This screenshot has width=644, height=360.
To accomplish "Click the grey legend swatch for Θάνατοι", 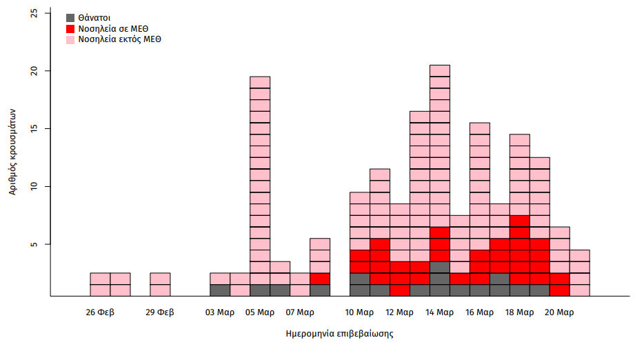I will pyautogui.click(x=70, y=17).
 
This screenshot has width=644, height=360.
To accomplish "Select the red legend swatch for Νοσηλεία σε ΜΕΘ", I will pyautogui.click(x=70, y=28).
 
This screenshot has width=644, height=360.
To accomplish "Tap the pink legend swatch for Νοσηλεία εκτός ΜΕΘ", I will pyautogui.click(x=70, y=40).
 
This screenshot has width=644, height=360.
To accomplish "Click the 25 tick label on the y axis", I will pyautogui.click(x=36, y=13).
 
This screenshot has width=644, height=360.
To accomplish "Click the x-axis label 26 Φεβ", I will pyautogui.click(x=100, y=312).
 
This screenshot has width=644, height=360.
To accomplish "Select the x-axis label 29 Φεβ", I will pyautogui.click(x=160, y=312).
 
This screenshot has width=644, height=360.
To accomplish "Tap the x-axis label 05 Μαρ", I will pyautogui.click(x=260, y=312).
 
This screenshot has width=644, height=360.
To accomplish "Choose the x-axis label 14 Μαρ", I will pyautogui.click(x=440, y=312).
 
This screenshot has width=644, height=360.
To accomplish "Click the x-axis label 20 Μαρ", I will pyautogui.click(x=559, y=312).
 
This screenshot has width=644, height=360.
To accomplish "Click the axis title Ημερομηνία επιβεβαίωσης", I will pyautogui.click(x=339, y=334).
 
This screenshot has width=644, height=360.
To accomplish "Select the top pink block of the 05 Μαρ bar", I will pyautogui.click(x=260, y=82).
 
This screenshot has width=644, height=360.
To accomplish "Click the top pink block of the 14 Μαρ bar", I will pyautogui.click(x=440, y=70).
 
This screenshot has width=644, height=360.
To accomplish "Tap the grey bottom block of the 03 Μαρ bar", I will pyautogui.click(x=220, y=290).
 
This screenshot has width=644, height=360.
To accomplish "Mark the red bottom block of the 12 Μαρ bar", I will pyautogui.click(x=400, y=290).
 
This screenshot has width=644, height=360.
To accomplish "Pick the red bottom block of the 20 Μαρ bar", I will pyautogui.click(x=559, y=290).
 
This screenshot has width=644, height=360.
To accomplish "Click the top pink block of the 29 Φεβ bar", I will pyautogui.click(x=160, y=279).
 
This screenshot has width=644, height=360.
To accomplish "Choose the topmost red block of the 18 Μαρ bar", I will pyautogui.click(x=519, y=221).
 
